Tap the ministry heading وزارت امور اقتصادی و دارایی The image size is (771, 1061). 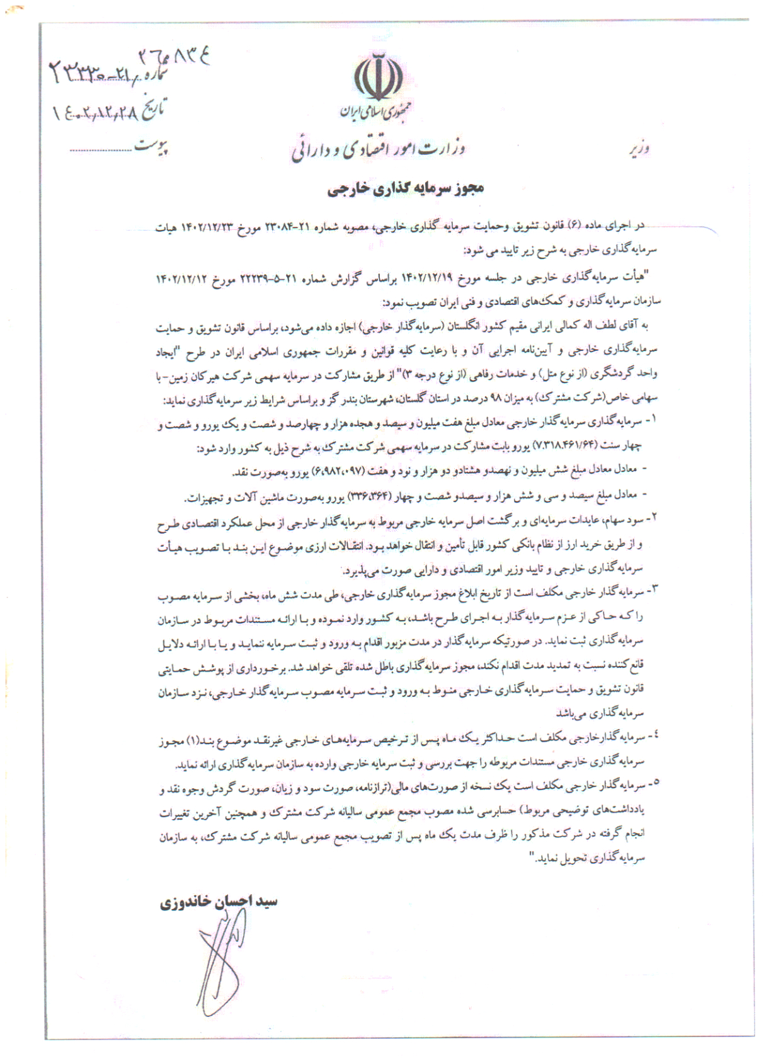pos(378,150)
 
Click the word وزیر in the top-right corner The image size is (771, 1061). pos(639,149)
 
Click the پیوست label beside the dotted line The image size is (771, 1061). pos(152,147)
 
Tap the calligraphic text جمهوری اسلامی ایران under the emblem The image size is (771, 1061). pos(375,112)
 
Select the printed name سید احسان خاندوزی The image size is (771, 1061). pos(218,902)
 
